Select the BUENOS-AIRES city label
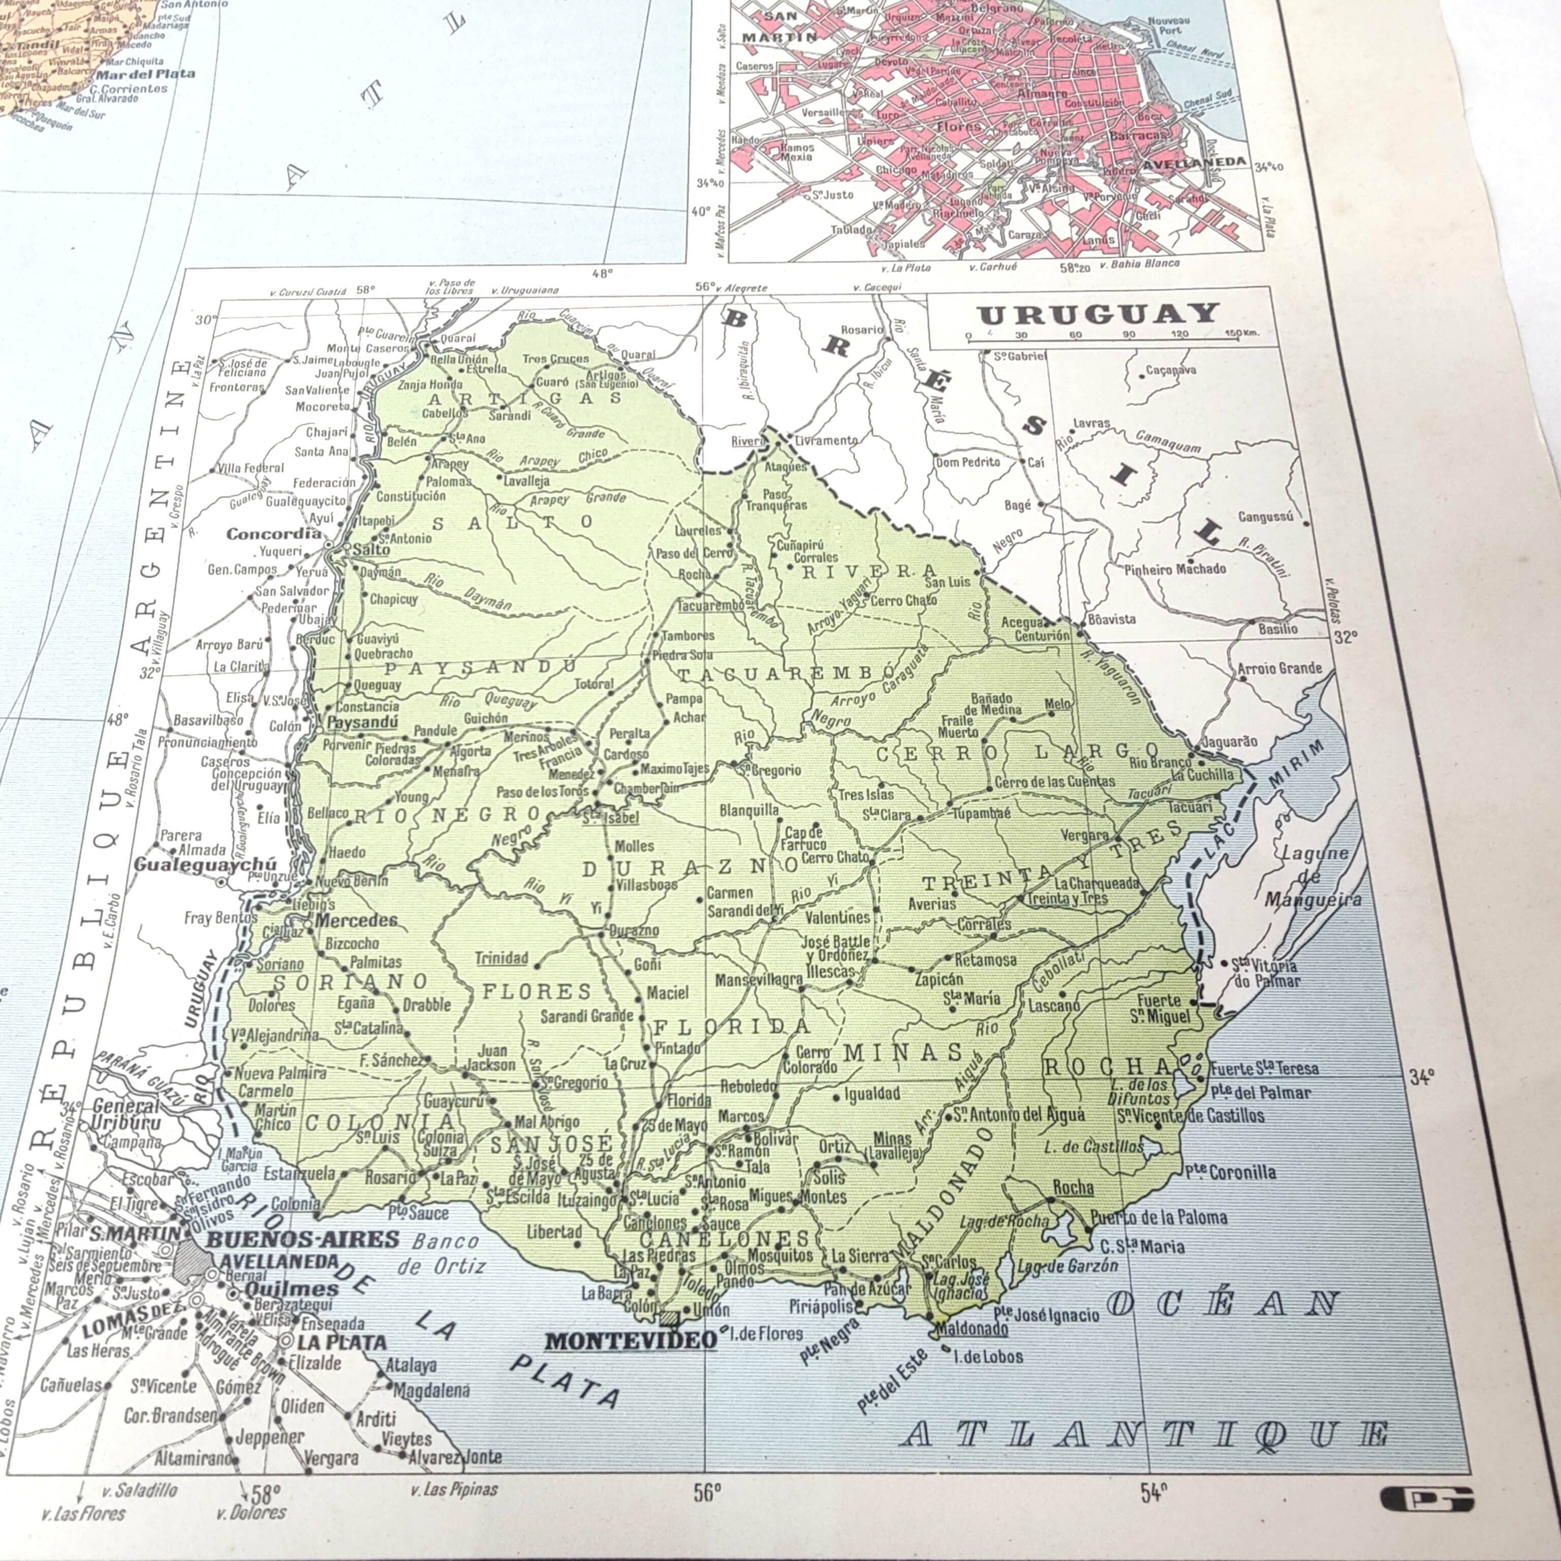[303, 1239]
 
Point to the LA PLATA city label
[342, 1342]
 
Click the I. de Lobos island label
[988, 1357]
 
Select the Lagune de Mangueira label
[1313, 877]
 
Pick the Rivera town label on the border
[747, 441]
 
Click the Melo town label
[1057, 704]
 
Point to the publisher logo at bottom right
[1427, 1499]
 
